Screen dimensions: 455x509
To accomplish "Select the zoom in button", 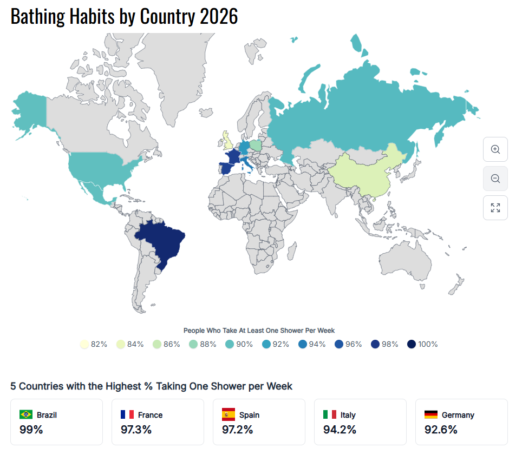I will (495, 149).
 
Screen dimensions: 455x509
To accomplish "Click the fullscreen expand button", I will (495, 208).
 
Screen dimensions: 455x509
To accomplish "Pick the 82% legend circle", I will (84, 344).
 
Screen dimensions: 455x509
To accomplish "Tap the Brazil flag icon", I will (25, 415).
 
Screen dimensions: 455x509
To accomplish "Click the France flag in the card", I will (127, 415).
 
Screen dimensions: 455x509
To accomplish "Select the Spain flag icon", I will (228, 415).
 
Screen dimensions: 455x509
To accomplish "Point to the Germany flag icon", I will (430, 415).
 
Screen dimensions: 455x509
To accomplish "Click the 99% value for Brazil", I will (31, 430).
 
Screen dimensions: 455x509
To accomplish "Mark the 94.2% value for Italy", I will (340, 430).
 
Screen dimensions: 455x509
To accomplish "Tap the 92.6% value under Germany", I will (441, 430).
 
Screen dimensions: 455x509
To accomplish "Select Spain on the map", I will (228, 168).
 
